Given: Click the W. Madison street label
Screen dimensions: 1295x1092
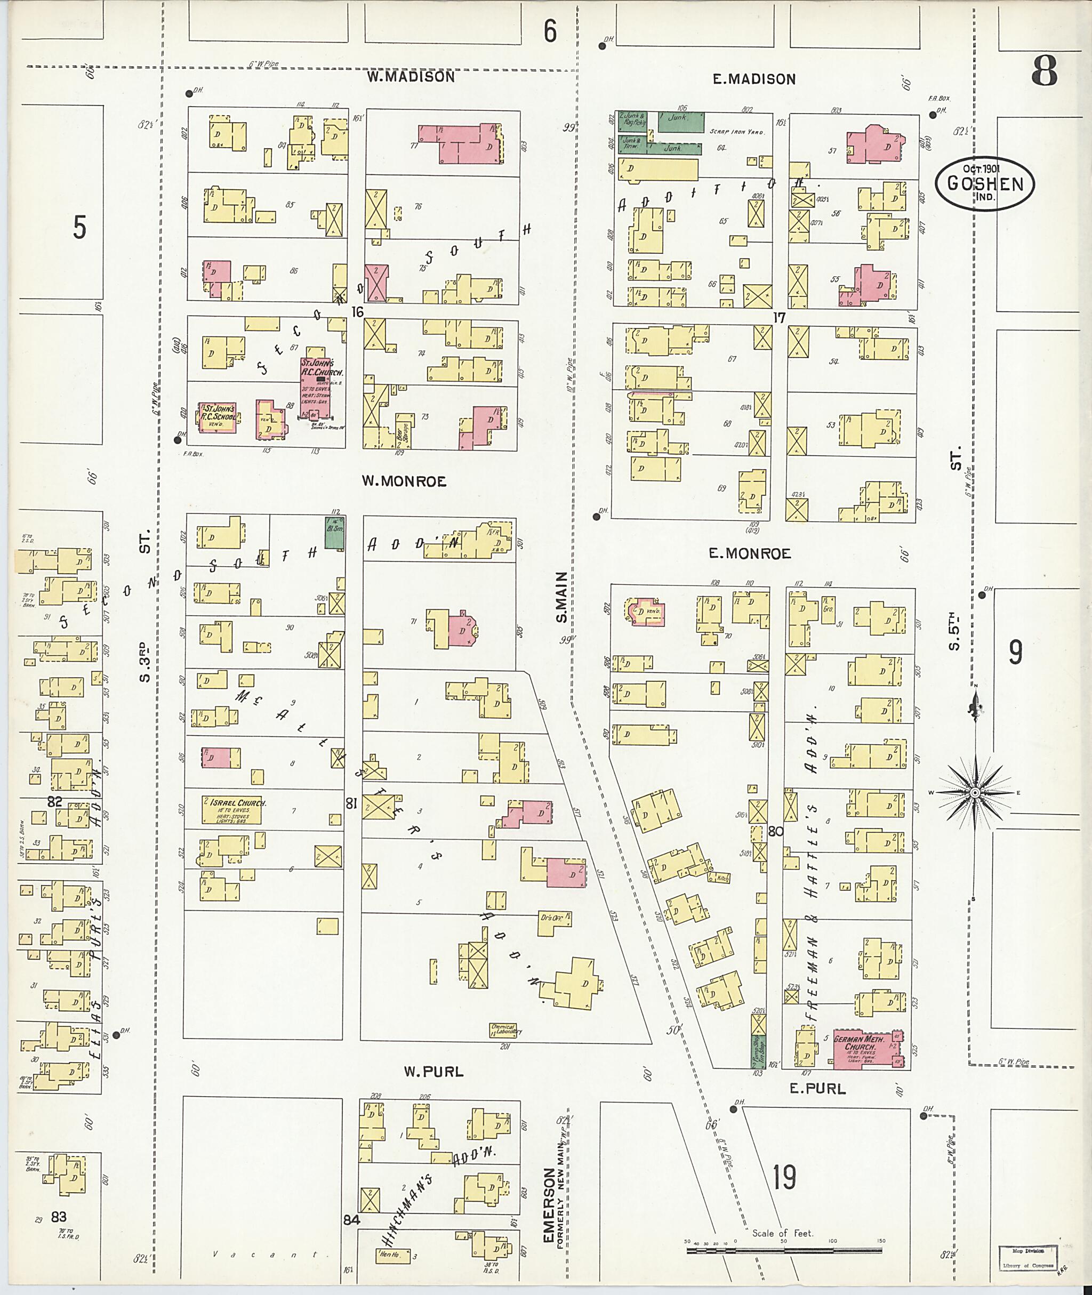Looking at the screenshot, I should tap(411, 77).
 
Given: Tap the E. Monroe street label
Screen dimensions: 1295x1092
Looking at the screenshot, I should tap(750, 554).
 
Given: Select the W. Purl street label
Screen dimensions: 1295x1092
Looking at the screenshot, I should tap(433, 1072).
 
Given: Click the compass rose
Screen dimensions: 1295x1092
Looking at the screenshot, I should tap(974, 793).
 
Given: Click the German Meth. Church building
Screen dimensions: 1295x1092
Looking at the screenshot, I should tap(864, 1049).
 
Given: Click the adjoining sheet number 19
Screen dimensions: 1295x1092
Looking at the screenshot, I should tap(784, 1177).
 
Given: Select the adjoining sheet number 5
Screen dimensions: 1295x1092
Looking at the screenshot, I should tap(79, 227).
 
